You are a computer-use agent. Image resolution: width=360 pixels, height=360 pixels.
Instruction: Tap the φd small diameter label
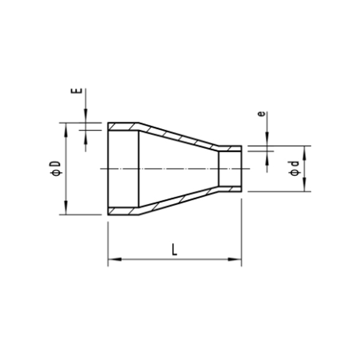[293, 169]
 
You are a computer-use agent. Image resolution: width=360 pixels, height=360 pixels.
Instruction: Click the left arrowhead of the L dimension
[112, 260]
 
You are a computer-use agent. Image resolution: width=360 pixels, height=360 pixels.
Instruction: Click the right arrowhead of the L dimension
[238, 260]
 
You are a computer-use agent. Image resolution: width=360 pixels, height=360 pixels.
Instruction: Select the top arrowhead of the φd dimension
[304, 150]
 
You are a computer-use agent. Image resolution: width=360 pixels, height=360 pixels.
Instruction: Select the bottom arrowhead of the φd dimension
[304, 187]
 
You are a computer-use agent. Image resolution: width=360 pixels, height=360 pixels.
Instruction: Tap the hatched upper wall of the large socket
[123, 127]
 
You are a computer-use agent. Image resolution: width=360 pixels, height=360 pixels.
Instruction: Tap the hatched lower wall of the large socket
[123, 211]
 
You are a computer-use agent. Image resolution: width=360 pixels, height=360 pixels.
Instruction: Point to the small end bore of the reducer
[230, 169]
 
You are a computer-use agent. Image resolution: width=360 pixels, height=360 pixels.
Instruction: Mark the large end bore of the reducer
[124, 169]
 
